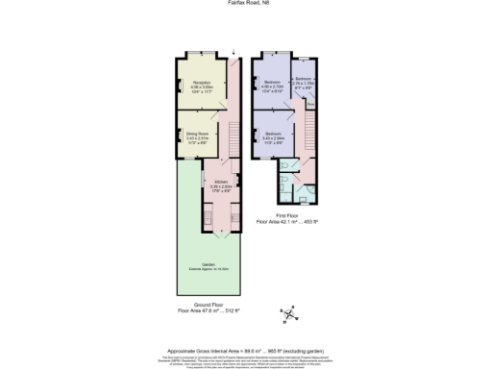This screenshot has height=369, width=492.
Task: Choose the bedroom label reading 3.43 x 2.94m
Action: [x=272, y=135]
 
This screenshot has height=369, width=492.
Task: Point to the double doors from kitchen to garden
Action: [x=220, y=234]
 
